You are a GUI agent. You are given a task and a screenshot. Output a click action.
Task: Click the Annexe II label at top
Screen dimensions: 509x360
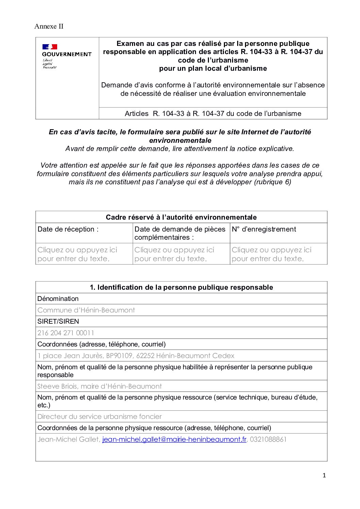coord(49,27)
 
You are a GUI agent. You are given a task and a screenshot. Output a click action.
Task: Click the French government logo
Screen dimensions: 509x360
coord(67,56)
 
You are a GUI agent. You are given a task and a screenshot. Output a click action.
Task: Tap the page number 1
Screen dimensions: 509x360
coord(324,475)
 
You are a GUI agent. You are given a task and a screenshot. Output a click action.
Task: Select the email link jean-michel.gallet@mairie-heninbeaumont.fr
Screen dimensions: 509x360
coord(174,439)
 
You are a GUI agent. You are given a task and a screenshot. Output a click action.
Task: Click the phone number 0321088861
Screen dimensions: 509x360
coord(268,439)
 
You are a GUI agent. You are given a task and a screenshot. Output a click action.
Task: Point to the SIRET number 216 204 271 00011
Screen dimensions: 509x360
coord(66,333)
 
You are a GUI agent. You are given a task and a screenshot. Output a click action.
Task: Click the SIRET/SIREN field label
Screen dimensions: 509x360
coord(58,321)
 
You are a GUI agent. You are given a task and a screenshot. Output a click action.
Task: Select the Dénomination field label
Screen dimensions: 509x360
coord(58,299)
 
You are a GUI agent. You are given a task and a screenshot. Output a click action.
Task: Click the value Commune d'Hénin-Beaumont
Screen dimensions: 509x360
coord(86,310)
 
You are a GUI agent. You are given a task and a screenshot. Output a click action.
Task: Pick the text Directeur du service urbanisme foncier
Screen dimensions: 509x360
coord(99,417)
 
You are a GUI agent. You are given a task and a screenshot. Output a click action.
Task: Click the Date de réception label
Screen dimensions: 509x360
coord(68,229)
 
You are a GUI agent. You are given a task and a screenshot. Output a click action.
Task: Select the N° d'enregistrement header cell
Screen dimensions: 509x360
coord(264,229)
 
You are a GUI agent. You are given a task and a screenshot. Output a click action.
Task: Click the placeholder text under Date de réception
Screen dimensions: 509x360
coord(77,254)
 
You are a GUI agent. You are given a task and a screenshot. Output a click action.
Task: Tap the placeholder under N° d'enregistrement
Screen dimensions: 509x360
coord(272,254)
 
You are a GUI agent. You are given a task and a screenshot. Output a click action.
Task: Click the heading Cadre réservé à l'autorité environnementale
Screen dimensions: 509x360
coord(181,217)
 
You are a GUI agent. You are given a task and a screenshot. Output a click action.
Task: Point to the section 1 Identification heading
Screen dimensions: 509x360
coord(181,287)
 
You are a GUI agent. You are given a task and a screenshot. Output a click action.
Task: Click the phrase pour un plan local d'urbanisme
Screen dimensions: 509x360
coord(213,68)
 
